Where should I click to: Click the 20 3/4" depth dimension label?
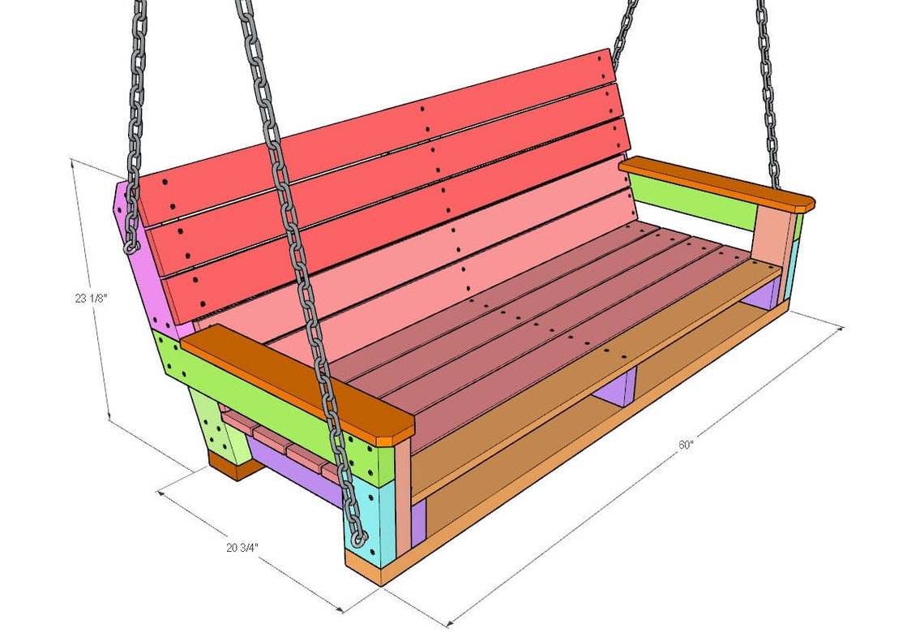point(242,547)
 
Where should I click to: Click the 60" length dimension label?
point(687,445)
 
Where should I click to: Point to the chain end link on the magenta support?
point(130,243)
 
